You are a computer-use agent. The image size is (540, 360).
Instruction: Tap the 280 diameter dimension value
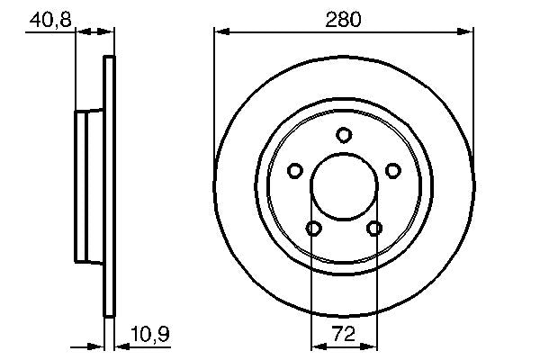tap(343, 17)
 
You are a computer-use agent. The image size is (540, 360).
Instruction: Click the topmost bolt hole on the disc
tap(343, 135)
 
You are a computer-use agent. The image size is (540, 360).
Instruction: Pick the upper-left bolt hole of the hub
tap(294, 170)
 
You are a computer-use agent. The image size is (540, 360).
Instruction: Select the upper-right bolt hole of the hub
tap(391, 170)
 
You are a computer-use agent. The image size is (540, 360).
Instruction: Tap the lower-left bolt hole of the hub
tap(312, 229)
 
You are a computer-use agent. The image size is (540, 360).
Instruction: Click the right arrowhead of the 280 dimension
tap(466, 33)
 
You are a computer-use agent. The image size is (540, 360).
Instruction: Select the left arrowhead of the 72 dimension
tap(317, 345)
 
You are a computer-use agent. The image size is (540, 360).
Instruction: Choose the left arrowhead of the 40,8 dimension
tap(80, 33)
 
